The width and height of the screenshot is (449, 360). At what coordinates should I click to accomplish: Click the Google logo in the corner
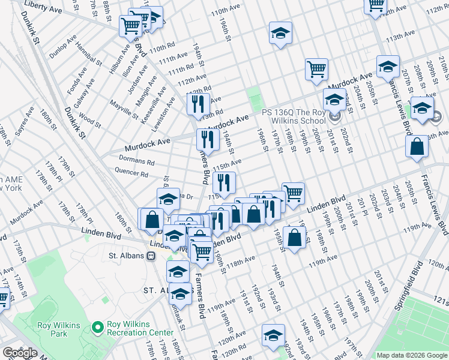click(x=20, y=352)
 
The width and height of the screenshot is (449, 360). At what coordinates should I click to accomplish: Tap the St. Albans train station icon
click(x=151, y=256)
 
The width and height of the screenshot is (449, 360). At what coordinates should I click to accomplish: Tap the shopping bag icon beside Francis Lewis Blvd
click(x=417, y=146)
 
